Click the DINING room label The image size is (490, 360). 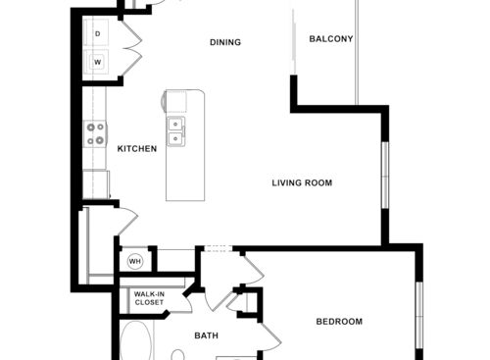pos(225,42)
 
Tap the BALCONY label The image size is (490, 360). pos(330,39)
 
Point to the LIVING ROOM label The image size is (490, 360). pos(303,182)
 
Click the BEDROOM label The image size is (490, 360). pos(339,322)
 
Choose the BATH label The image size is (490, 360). pos(206,335)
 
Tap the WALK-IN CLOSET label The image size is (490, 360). pos(149,298)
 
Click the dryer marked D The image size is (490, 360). pos(98,34)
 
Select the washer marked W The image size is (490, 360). pos(98,62)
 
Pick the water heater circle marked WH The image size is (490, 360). pos(135,261)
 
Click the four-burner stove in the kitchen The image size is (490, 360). pos(95,133)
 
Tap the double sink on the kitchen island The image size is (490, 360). pos(175,131)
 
